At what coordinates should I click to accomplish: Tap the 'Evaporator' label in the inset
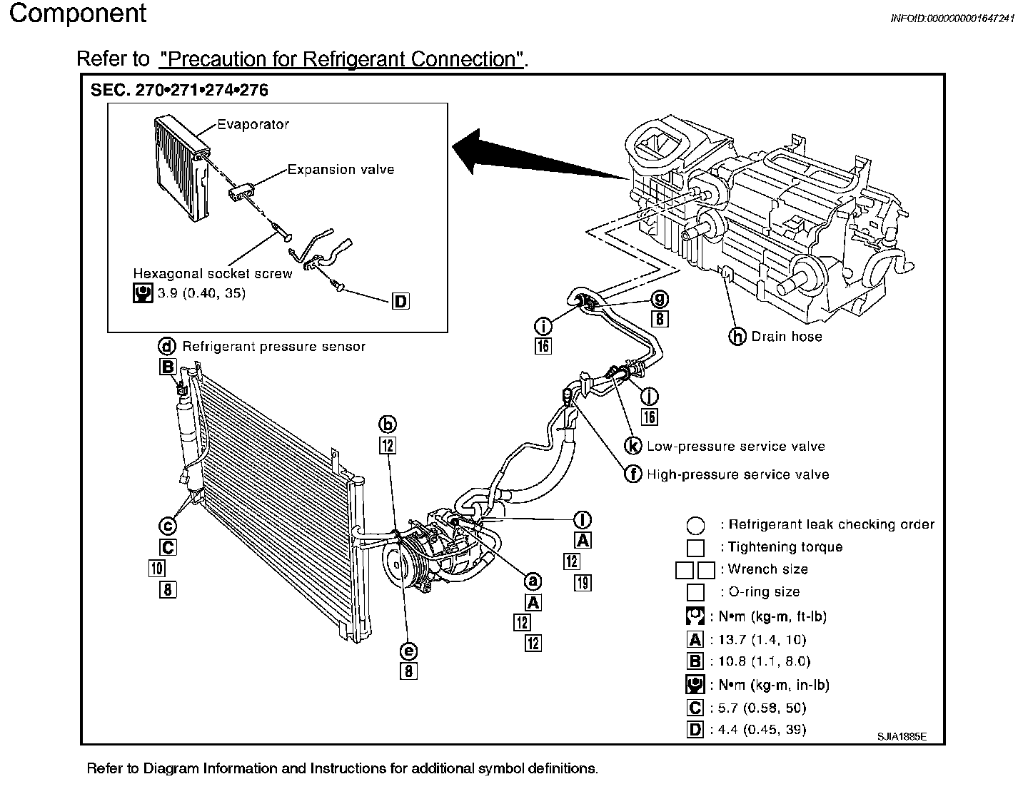(253, 124)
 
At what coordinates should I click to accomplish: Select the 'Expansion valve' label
(341, 170)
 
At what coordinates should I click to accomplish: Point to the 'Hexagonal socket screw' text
(213, 274)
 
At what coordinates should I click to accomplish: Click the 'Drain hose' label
(786, 337)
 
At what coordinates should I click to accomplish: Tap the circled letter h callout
(737, 336)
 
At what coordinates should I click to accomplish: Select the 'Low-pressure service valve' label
(735, 447)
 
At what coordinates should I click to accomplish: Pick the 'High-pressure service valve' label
(737, 474)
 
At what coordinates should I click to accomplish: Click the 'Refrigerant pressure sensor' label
(273, 347)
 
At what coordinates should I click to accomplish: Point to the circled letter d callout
(167, 347)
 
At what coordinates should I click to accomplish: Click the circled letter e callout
(408, 651)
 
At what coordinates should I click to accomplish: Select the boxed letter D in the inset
(401, 302)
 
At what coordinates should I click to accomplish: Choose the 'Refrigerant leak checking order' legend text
(830, 525)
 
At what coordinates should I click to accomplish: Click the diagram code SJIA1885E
(902, 737)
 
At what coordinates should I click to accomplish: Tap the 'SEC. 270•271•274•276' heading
(179, 91)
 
